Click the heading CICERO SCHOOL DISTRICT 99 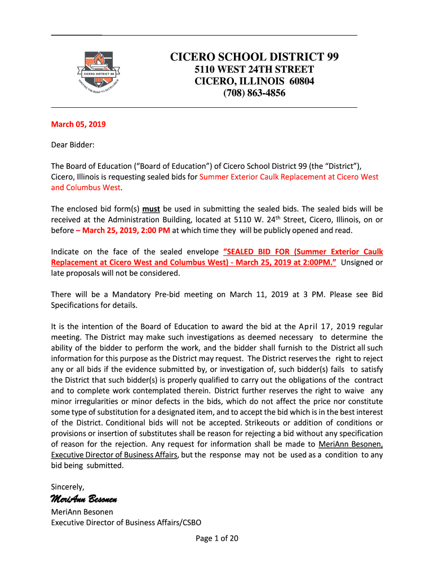tap(254, 57)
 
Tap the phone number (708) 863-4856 tap(254, 93)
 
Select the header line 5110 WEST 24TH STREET tap(254, 69)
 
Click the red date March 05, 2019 tap(78, 124)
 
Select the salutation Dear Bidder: tap(73, 145)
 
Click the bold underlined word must tap(151, 209)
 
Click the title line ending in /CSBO tap(126, 522)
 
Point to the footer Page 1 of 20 tap(217, 538)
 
